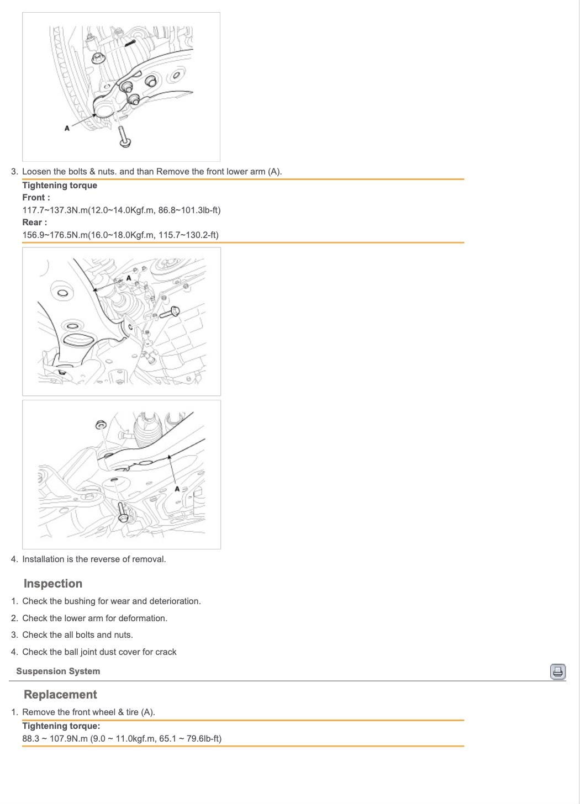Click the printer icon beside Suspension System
(558, 671)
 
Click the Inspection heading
(53, 584)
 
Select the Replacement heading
(60, 695)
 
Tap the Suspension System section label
(58, 671)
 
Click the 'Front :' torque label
(36, 198)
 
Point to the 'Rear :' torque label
(34, 223)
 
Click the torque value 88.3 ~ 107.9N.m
(55, 739)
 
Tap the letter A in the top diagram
(67, 128)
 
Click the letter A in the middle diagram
(129, 278)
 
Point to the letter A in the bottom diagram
(177, 489)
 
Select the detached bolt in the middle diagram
(170, 313)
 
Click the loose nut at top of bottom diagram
(101, 425)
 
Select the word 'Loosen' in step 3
(36, 172)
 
